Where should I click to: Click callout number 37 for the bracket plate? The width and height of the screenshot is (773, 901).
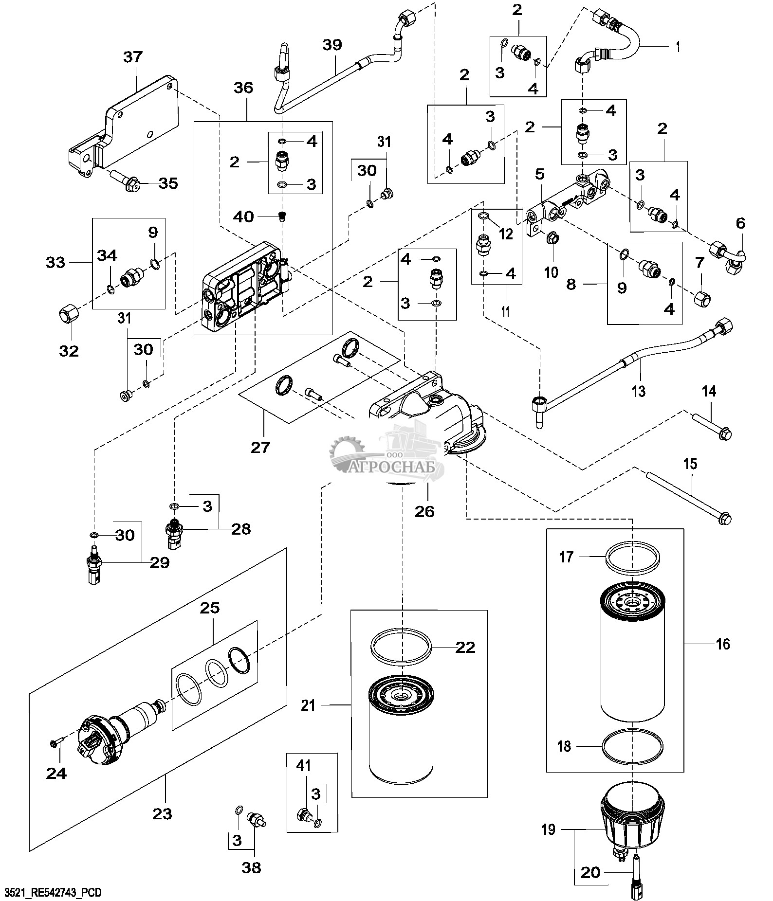(132, 57)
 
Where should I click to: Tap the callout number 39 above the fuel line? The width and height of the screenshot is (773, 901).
(332, 45)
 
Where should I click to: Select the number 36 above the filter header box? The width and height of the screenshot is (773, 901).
(243, 88)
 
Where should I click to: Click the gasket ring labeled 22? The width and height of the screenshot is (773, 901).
(402, 647)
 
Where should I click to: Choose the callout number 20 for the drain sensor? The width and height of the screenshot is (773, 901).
(590, 873)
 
